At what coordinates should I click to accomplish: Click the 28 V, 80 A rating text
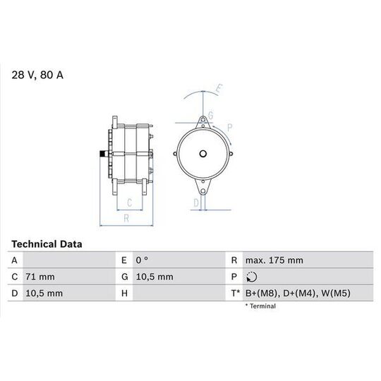tap(37, 75)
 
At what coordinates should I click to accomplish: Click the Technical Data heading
tap(47, 244)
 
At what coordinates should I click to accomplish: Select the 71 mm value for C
tap(40, 277)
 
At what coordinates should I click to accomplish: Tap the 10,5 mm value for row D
tap(44, 294)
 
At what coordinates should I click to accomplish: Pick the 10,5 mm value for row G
tap(155, 277)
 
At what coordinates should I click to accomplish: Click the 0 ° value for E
tap(142, 260)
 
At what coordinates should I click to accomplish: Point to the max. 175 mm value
tap(274, 260)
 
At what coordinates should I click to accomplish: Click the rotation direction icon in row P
tap(251, 277)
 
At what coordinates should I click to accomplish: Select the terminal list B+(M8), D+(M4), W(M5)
tap(298, 294)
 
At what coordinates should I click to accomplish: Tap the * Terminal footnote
tap(260, 306)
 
